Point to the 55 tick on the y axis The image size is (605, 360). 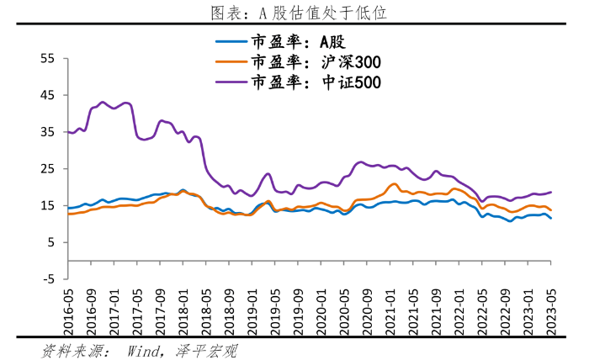[x=47, y=59]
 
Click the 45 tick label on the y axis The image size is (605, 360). [x=47, y=95]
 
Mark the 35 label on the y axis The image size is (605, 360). [x=47, y=132]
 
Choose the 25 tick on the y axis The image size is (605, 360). [x=47, y=169]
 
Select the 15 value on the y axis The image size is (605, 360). [x=47, y=205]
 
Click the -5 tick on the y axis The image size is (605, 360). [x=47, y=279]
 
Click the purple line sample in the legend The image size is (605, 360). [x=231, y=82]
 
